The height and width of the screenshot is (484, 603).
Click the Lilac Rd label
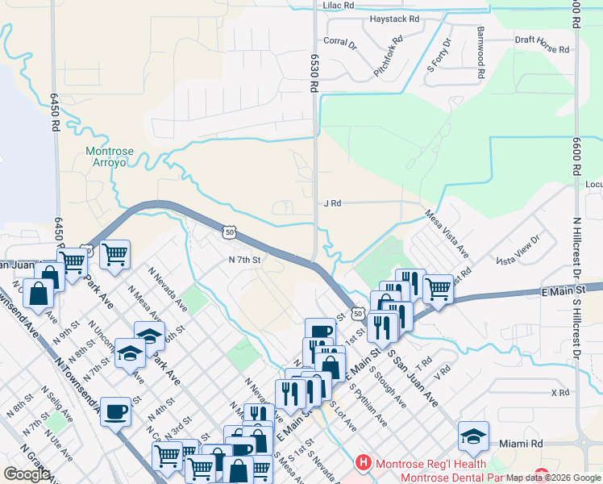[339, 5]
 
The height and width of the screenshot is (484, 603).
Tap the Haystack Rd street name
[394, 19]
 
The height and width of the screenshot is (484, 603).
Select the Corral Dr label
[339, 41]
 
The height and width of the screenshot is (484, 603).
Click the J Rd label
[332, 203]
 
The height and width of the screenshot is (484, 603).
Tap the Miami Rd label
[520, 444]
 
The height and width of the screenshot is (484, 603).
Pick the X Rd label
[560, 393]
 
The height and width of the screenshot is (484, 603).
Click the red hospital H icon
[364, 463]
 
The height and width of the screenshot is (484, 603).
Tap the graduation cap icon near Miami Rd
[473, 436]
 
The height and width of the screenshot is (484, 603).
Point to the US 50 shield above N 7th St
[230, 232]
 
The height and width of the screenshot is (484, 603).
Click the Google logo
[27, 474]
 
